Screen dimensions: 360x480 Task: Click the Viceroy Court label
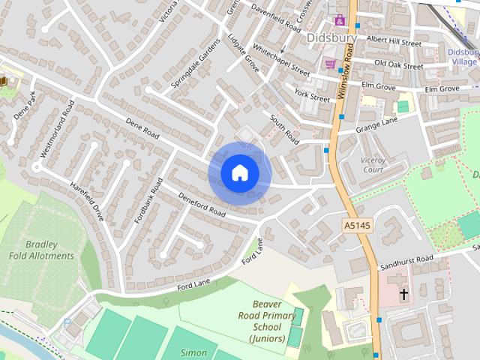pos(362,164)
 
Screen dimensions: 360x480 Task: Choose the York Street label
pos(312,95)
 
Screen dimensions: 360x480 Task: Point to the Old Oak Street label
pos(399,65)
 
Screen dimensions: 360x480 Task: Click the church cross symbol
pos(403,295)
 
